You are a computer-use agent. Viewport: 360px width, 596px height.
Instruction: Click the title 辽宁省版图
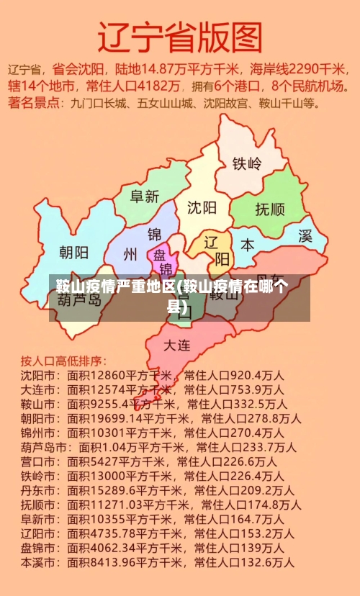click(x=180, y=36)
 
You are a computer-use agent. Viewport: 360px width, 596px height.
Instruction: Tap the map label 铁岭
click(x=246, y=163)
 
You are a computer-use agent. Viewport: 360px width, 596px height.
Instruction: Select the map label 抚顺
click(x=270, y=209)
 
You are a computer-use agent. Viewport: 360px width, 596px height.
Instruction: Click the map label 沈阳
click(x=202, y=208)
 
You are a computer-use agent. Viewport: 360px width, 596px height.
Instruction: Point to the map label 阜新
click(x=144, y=196)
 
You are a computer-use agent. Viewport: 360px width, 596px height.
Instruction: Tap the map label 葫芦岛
click(x=79, y=299)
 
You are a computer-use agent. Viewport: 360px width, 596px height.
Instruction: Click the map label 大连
click(x=177, y=345)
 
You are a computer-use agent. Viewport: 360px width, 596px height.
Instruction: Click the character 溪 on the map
click(x=305, y=236)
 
